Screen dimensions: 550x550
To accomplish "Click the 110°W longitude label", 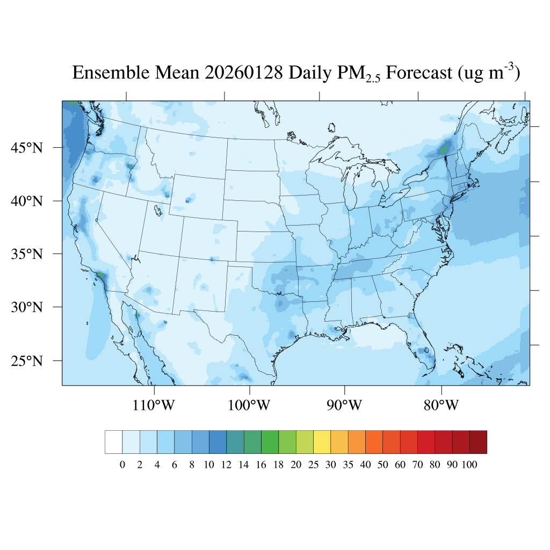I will tap(154, 405).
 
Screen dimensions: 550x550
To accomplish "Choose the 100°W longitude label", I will tap(249, 405).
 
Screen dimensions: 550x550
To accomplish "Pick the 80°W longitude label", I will tap(441, 405).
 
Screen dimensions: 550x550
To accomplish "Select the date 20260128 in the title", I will tap(243, 73).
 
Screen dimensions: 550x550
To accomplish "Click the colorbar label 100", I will tap(469, 465).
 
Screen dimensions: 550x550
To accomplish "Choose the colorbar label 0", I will tap(122, 465).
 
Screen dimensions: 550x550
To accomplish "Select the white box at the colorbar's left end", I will tap(114, 442).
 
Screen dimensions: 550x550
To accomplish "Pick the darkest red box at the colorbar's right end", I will tap(478, 442).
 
